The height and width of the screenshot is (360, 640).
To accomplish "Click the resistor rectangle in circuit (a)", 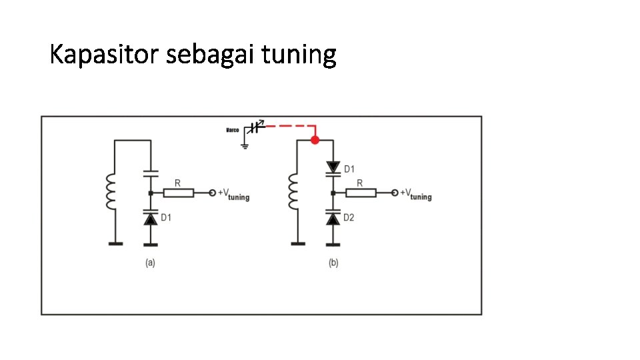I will click(x=178, y=193).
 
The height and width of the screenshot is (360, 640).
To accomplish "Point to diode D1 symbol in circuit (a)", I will click(x=151, y=218).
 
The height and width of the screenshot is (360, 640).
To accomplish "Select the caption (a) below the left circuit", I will click(x=151, y=263).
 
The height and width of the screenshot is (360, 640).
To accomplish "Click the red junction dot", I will click(x=315, y=140).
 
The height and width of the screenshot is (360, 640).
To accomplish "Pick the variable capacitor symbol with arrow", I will click(x=253, y=128).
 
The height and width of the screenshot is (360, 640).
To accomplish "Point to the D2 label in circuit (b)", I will click(x=349, y=217).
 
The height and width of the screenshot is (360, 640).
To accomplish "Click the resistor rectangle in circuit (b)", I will click(x=360, y=193).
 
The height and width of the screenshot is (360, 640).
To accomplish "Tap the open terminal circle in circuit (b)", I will click(x=395, y=193).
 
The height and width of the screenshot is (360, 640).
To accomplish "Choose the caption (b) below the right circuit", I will click(x=333, y=263).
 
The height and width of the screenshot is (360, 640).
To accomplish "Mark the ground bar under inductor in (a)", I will click(x=115, y=244).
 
